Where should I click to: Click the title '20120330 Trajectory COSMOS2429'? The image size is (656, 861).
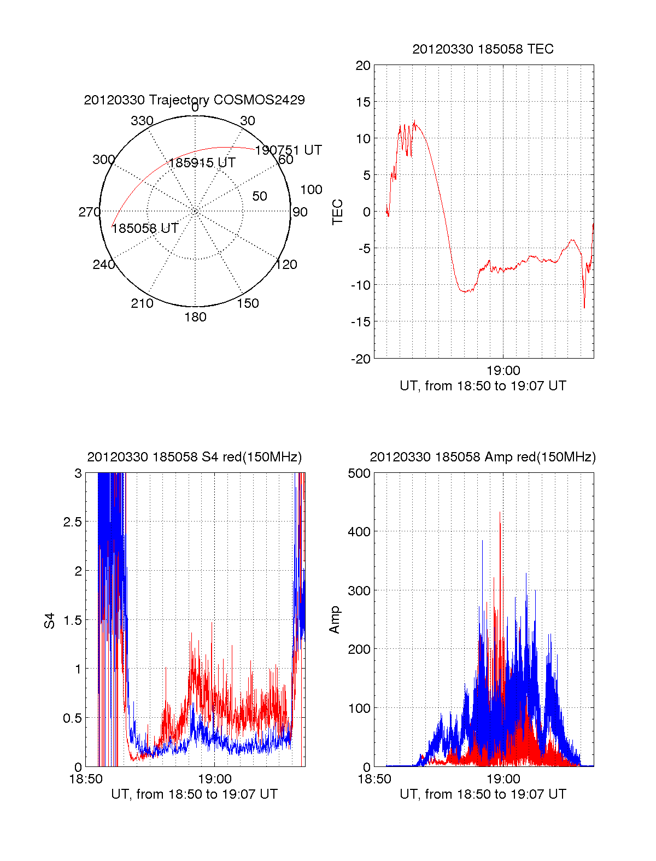pos(194,100)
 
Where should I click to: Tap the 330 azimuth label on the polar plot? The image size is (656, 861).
pos(142,121)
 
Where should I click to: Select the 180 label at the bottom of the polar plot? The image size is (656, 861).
pos(195,317)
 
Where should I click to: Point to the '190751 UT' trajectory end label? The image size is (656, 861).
pos(288,150)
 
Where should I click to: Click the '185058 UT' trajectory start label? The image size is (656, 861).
pos(145,229)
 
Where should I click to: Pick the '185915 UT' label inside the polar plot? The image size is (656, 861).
pos(202,163)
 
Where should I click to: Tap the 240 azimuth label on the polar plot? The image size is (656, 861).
pos(104,265)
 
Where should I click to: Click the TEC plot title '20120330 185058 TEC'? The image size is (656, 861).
pos(483,49)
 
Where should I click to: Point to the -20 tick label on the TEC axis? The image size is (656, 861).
pos(361,359)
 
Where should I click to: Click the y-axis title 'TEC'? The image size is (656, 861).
pos(338,212)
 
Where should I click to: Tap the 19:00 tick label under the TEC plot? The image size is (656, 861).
pos(503,371)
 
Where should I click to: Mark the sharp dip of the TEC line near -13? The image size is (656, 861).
pos(584,307)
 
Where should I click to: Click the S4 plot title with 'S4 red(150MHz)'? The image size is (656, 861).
pos(194,457)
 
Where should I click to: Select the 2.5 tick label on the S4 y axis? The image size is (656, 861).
pos(72,522)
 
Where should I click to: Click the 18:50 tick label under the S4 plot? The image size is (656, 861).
pos(86,779)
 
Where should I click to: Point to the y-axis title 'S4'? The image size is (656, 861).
pos(50,621)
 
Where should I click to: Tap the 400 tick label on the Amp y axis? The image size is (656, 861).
pos(359,531)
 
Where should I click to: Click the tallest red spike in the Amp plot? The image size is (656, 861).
pos(500,513)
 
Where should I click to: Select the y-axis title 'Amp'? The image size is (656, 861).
pos(335,619)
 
